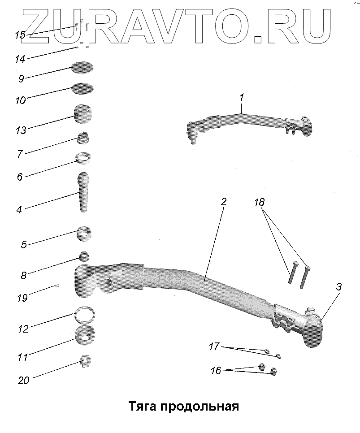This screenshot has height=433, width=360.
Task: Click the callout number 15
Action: point(19,35)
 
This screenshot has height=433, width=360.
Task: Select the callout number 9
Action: point(21,78)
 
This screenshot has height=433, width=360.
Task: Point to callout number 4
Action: point(20,208)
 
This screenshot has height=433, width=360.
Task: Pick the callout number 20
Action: point(23,381)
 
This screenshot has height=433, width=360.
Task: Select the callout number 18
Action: point(259,202)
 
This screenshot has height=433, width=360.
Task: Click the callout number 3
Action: point(339,287)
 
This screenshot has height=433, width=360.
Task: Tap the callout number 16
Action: point(216,371)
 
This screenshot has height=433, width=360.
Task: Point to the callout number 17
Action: point(214,346)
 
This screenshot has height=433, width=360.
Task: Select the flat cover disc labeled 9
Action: point(83,69)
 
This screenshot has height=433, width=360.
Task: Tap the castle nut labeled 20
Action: point(85,361)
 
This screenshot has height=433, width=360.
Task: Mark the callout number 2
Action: point(223,201)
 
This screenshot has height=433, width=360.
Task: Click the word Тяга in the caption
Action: point(142,407)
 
